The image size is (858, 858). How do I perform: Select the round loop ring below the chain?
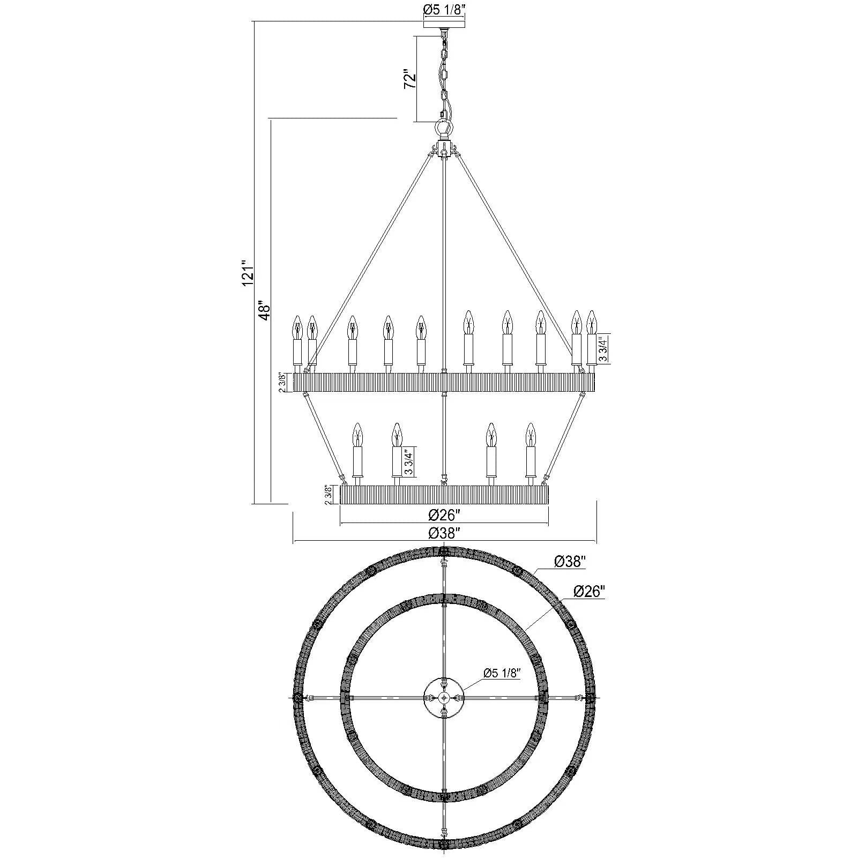coord(443,128)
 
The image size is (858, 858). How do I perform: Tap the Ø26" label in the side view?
coord(444,515)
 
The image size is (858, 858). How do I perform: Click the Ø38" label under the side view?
coord(444,534)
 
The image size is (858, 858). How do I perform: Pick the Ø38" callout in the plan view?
coord(570,561)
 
